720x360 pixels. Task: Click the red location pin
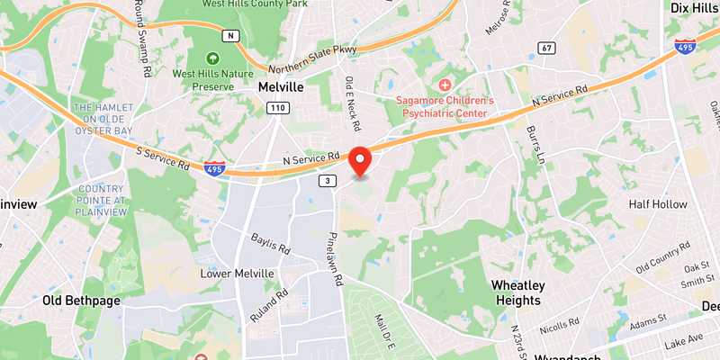click(x=361, y=159)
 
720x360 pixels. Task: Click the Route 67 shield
click(x=545, y=47)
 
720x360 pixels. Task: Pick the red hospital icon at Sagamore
click(x=445, y=84)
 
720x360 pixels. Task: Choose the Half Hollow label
click(x=658, y=204)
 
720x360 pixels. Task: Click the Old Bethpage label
click(x=81, y=301)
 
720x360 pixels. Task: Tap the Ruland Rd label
click(x=269, y=305)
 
